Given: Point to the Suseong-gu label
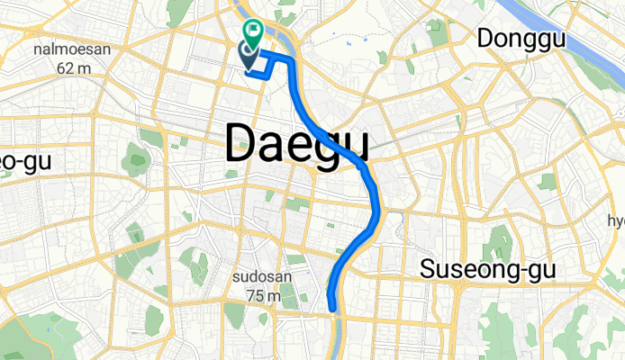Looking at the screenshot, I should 489,269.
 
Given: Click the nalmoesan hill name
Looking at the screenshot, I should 71,49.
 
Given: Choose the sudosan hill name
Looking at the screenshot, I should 262,277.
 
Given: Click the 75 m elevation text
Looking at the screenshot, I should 262,295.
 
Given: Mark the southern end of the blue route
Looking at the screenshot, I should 335,309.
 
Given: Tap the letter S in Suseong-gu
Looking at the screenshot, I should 430,268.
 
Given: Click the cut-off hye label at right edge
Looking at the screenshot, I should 616,221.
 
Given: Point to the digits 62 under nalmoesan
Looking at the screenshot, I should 64,67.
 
